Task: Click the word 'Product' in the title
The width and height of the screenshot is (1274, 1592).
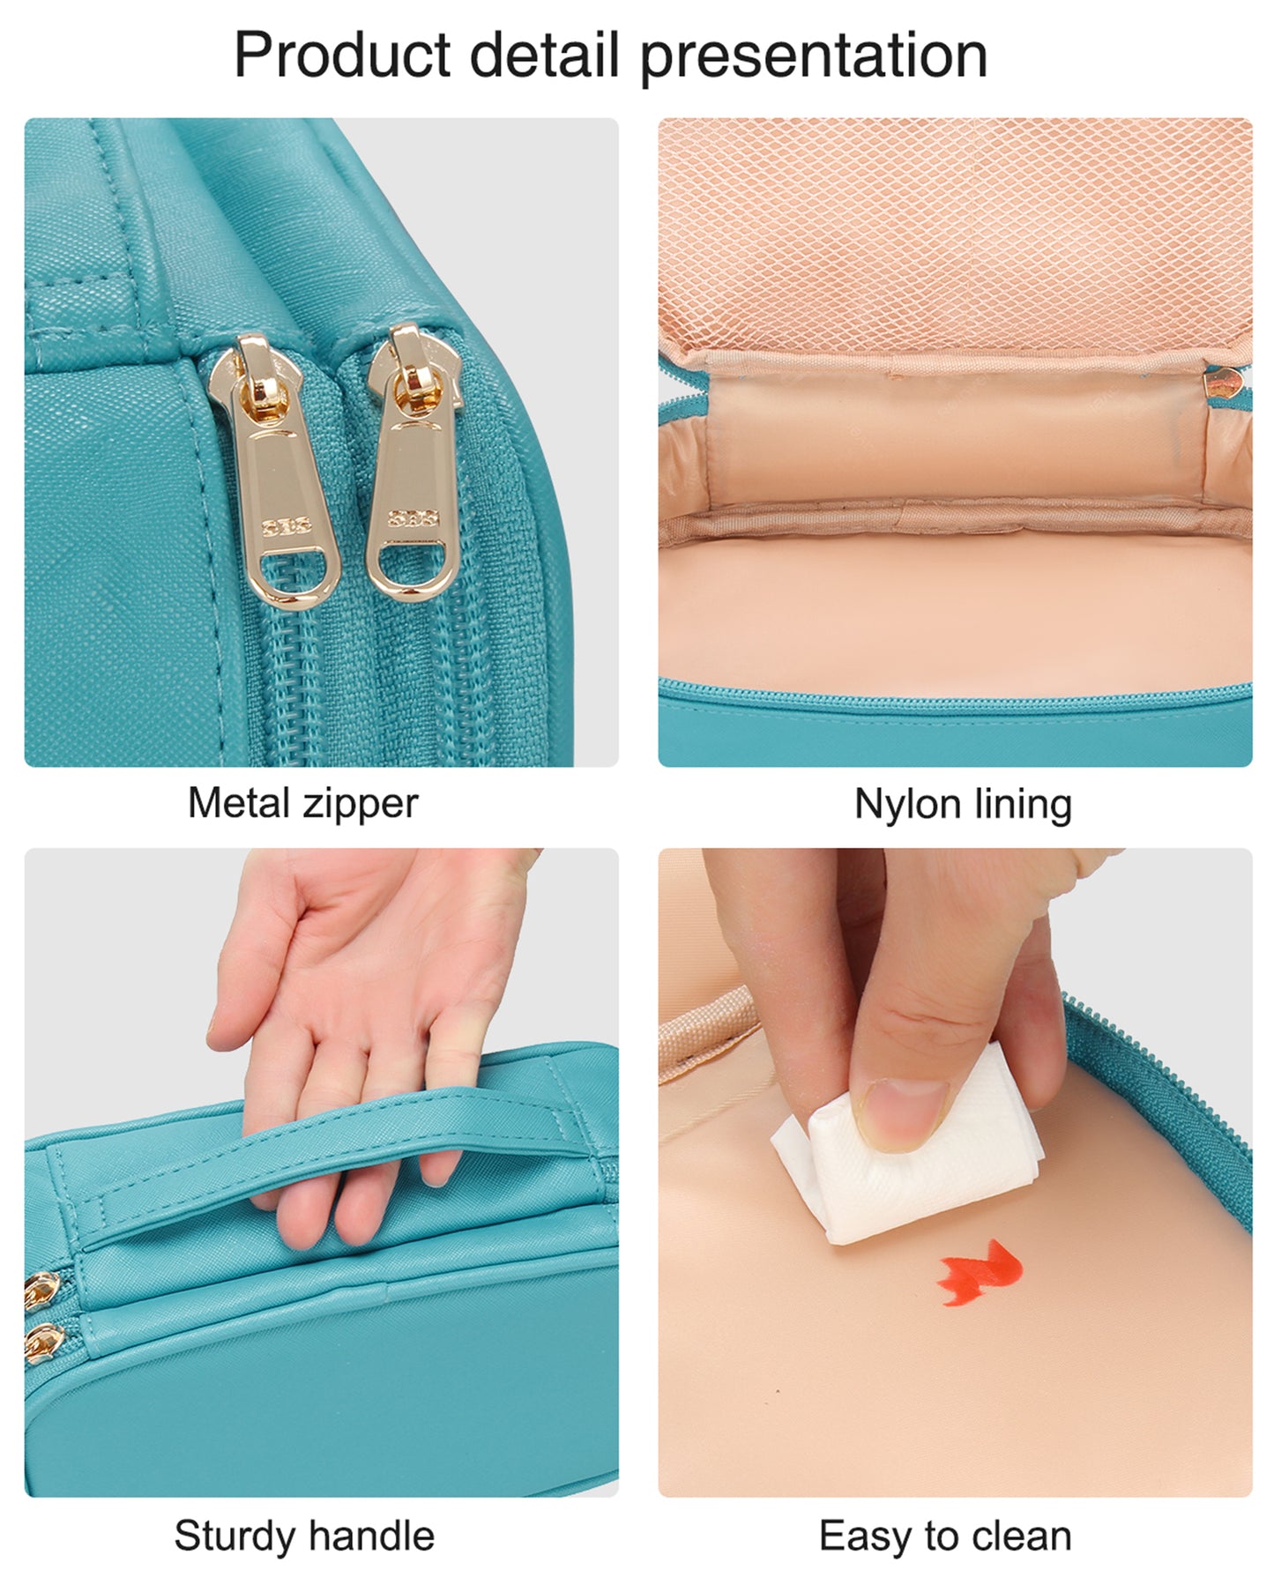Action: click(342, 55)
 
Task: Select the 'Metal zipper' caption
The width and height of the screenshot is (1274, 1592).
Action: click(302, 804)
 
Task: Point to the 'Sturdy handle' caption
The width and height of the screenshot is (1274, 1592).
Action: click(304, 1536)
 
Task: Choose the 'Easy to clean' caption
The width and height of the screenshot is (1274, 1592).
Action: click(945, 1536)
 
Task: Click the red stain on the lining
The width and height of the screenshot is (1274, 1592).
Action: click(980, 1271)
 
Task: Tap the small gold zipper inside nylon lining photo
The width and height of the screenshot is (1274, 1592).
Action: click(1224, 384)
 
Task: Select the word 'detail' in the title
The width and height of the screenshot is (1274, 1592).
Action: click(544, 55)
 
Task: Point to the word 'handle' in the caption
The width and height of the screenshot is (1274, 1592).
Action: click(370, 1536)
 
